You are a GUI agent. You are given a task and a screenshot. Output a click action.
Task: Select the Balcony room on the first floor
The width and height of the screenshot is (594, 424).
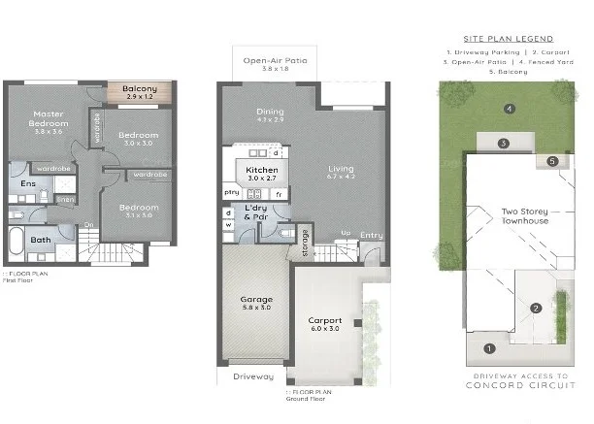[140, 94]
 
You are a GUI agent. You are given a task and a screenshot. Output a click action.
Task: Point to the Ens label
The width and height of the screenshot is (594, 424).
[29, 182]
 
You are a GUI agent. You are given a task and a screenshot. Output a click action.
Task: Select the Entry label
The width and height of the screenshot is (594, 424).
[371, 235]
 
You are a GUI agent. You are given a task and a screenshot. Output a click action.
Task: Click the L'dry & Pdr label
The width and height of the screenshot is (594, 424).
[256, 212]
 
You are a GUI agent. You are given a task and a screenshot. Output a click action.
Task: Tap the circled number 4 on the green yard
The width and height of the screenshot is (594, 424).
[509, 108]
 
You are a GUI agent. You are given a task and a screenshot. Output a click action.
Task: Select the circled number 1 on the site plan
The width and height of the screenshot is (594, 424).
[488, 347]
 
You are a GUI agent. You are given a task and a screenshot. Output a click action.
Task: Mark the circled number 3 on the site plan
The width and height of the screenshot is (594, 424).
[504, 144]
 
